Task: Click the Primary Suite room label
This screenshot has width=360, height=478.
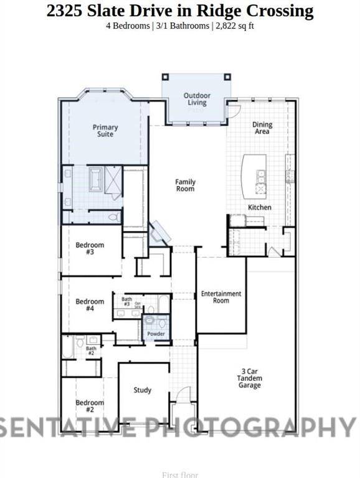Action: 105,131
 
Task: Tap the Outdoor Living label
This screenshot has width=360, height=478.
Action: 197,99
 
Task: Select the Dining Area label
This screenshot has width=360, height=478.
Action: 262,128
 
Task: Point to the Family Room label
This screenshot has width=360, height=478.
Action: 185,185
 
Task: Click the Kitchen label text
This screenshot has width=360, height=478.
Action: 260,207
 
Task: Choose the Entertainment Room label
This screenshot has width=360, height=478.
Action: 220,297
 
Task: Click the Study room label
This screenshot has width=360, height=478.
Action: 143,390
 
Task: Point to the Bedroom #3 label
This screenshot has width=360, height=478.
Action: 90,248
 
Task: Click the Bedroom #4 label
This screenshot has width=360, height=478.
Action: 90,305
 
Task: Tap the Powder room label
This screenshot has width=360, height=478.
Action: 156,334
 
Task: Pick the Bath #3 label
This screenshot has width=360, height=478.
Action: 126,302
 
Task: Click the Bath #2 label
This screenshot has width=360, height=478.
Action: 92,350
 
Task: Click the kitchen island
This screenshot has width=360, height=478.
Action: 254,174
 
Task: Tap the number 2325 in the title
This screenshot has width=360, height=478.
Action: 65,11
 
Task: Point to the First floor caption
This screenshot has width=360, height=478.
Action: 179,475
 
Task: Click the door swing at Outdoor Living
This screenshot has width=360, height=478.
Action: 234,110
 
